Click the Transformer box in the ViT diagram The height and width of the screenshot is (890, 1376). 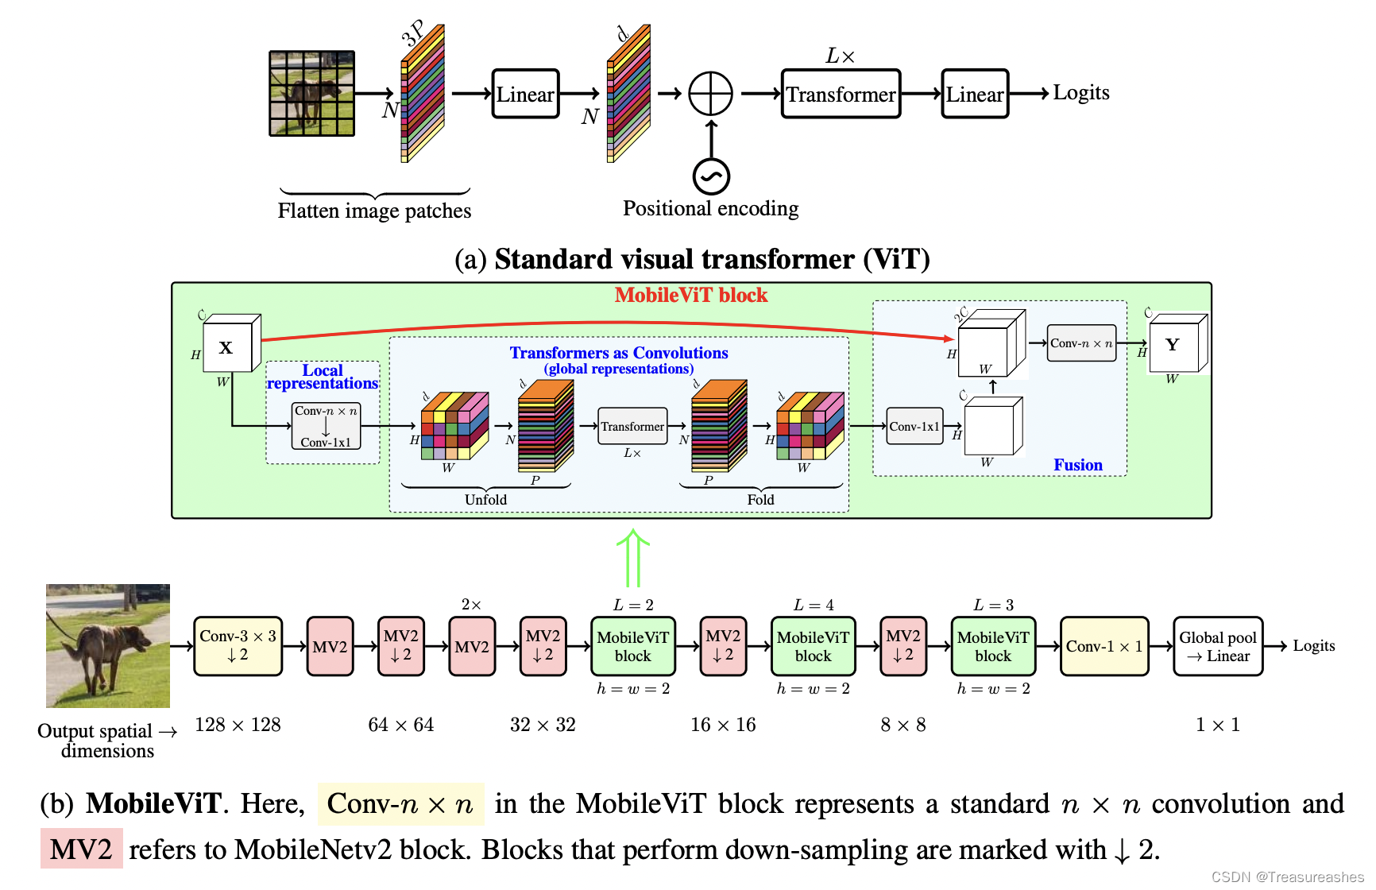(841, 94)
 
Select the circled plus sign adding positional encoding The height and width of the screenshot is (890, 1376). (710, 94)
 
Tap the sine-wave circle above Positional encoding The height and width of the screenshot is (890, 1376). (711, 176)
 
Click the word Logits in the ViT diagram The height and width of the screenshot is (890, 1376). (1080, 92)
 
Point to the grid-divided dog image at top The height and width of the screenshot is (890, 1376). (311, 94)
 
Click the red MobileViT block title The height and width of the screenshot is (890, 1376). (690, 296)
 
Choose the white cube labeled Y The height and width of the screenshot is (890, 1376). (1173, 345)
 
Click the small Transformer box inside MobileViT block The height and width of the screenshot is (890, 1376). (632, 427)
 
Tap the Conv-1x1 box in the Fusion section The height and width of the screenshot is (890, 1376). (914, 427)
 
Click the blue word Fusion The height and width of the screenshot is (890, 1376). (1077, 465)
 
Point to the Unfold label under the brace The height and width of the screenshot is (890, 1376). (485, 500)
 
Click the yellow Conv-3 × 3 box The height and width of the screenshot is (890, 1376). (238, 646)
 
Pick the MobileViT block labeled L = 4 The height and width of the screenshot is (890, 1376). (813, 646)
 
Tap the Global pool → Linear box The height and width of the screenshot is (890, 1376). (1217, 646)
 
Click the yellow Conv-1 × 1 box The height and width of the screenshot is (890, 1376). (1104, 646)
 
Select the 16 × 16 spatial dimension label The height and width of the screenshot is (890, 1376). (723, 725)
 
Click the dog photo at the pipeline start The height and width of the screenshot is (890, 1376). (108, 645)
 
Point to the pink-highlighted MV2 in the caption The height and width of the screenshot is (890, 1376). (81, 849)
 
